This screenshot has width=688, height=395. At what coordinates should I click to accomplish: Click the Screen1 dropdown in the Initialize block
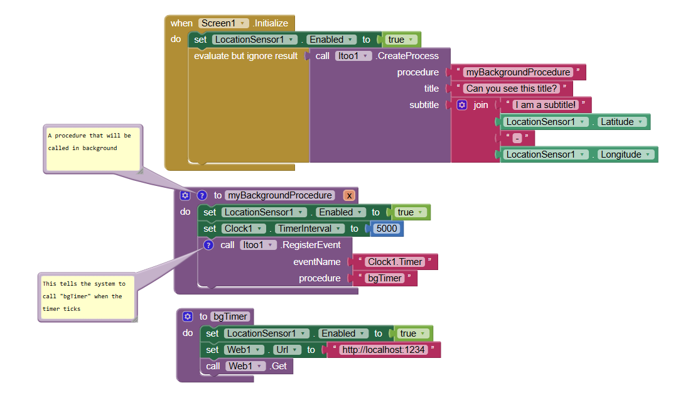click(x=223, y=23)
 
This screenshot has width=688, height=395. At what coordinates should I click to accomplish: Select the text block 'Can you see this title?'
click(x=512, y=89)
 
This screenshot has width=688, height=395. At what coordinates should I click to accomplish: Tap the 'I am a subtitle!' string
click(x=546, y=105)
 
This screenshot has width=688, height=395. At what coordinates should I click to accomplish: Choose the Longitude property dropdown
click(x=625, y=154)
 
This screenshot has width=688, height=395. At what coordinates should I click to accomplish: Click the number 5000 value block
click(x=386, y=229)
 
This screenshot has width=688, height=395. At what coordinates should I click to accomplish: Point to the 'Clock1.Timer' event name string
click(x=395, y=262)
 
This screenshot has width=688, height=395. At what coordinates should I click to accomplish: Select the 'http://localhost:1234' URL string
click(x=384, y=350)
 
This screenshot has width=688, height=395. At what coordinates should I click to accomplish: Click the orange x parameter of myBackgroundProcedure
click(x=349, y=196)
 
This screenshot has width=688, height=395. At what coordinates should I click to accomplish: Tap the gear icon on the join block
click(x=462, y=105)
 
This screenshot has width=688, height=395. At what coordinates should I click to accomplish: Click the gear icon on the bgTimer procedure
click(x=188, y=317)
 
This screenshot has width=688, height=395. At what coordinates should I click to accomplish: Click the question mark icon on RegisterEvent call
click(x=208, y=245)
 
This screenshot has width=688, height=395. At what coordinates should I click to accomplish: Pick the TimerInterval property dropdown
click(x=309, y=229)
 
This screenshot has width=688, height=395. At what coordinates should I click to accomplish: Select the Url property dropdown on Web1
click(x=287, y=350)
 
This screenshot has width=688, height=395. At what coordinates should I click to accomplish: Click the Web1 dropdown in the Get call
click(x=245, y=366)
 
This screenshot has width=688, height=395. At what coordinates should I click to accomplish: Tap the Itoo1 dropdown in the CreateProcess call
click(x=353, y=56)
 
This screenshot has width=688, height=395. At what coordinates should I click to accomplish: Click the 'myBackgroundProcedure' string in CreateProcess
click(x=518, y=72)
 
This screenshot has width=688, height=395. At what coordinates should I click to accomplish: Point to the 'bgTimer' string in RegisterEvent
click(x=385, y=278)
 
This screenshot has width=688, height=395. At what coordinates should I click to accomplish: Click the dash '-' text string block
click(x=517, y=138)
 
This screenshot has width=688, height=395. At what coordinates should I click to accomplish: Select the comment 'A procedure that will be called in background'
click(x=92, y=149)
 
